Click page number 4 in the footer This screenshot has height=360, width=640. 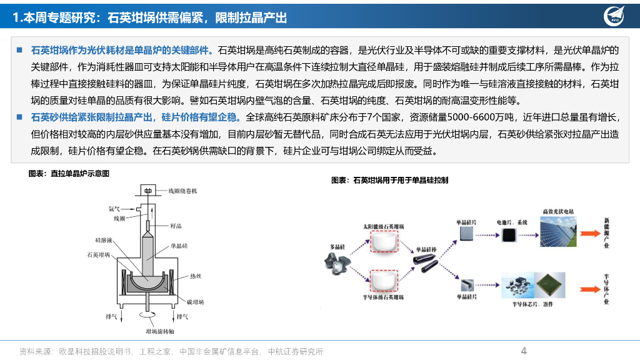pos(524,351)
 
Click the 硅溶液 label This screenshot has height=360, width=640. pos(104,240)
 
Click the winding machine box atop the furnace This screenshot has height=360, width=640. pos(148,191)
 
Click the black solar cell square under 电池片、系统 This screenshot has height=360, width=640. pos(511,234)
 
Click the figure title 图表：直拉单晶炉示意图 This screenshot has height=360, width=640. pos(69,174)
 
